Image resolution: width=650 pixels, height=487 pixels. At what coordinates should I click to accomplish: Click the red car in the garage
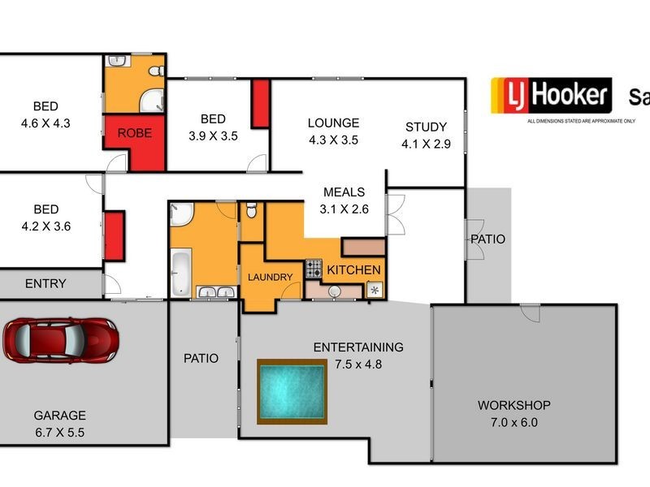pos(61,339)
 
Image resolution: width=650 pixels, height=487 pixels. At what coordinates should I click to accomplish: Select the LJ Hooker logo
pos(550,96)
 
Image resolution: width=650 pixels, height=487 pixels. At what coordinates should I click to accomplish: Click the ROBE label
pos(134,133)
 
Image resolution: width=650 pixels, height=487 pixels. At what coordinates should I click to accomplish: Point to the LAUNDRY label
pos(270,278)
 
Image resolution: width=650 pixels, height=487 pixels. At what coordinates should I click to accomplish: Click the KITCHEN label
pos(354,269)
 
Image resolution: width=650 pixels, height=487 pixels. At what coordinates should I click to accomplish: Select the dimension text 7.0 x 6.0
pos(513,422)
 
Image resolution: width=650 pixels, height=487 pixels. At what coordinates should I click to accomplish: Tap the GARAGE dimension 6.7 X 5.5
pos(59,433)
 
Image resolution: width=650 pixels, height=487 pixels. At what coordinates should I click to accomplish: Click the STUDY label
pos(426,127)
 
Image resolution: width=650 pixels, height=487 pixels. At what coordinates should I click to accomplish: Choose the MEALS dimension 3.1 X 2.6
pos(344,209)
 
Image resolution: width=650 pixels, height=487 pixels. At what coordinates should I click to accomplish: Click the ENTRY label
pos(45,284)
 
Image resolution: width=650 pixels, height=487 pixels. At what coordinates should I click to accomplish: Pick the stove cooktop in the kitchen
pos(314,269)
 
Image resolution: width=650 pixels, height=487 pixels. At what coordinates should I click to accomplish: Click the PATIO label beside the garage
pos(201,358)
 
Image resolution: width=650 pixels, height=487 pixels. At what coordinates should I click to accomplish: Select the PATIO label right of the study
pos(487,239)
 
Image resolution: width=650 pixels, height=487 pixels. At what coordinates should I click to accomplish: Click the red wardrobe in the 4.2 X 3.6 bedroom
pos(114,236)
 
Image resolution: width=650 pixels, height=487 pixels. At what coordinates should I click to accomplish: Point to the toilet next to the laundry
pos(251,211)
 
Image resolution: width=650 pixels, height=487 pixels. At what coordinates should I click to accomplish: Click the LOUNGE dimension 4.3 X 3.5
pos(333,140)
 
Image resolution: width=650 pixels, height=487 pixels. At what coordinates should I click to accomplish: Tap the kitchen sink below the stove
pos(333,291)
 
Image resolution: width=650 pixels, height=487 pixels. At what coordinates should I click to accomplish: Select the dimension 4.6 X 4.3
pos(45,123)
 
